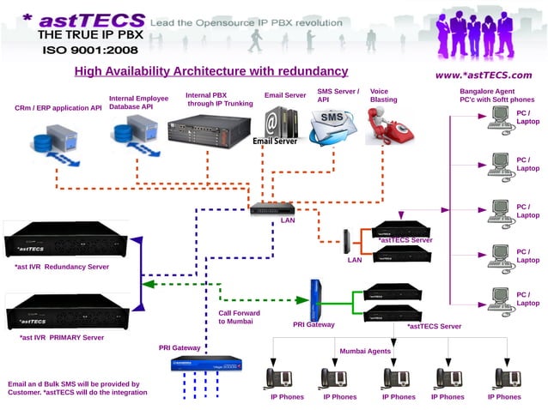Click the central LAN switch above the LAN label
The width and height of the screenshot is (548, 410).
(272, 208)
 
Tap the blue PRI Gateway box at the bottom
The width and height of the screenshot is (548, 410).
(204, 365)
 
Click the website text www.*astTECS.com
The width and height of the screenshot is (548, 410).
(484, 75)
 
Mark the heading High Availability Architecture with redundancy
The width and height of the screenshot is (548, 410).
(210, 71)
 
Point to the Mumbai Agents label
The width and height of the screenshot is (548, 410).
(365, 351)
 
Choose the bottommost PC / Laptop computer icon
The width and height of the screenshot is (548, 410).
(499, 298)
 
